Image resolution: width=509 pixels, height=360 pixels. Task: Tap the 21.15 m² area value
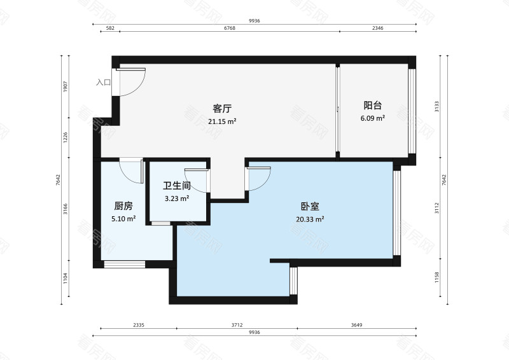tap(222, 121)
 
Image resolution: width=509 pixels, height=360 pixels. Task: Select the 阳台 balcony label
tap(372, 106)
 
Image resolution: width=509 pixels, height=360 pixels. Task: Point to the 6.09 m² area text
tap(372, 118)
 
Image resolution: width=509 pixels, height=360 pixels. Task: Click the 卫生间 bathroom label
tap(177, 186)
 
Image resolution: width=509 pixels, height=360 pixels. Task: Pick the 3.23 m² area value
tap(177, 198)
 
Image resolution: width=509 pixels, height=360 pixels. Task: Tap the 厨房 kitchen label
tap(123, 206)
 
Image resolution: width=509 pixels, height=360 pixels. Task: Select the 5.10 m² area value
tap(123, 219)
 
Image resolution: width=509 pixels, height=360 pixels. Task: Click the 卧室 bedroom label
tap(310, 207)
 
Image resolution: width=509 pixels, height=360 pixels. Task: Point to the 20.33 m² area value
tap(310, 219)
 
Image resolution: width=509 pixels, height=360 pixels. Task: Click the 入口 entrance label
tap(103, 82)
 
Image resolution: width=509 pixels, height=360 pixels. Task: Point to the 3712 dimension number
tap(236, 325)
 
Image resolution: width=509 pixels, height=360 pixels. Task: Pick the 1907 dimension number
tap(66, 87)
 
